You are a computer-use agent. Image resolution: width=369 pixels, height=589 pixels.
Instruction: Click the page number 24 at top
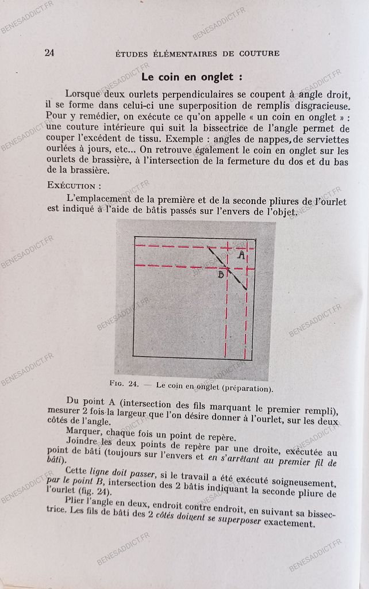point(49,53)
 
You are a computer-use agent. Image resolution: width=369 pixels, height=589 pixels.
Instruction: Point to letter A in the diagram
point(241,254)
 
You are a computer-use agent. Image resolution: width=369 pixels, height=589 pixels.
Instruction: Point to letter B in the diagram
point(221,274)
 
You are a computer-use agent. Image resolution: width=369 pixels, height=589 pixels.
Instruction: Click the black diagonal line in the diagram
point(227,267)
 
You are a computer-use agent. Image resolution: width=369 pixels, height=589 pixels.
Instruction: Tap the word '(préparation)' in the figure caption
point(245,388)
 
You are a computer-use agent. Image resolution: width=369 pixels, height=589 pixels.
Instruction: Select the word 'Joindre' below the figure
point(82,443)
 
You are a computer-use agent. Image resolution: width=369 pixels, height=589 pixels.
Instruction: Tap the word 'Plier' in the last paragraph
point(78,504)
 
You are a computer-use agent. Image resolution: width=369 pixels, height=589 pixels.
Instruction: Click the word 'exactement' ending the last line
point(288,523)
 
